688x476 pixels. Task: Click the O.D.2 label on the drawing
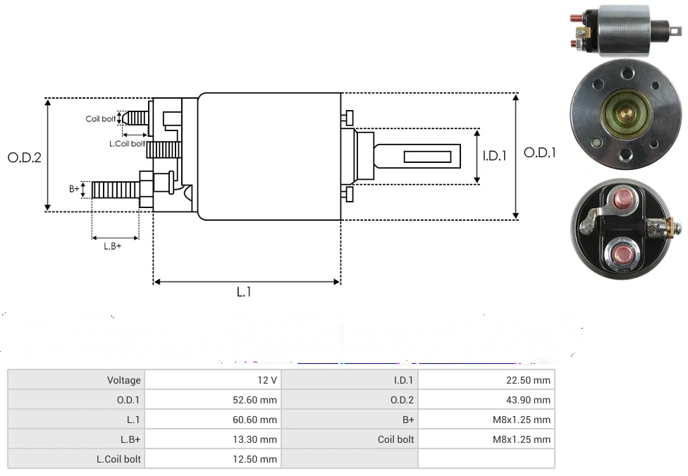pyautogui.click(x=25, y=158)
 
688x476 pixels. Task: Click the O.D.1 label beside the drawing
pyautogui.click(x=540, y=152)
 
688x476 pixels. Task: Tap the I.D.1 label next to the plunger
pyautogui.click(x=494, y=156)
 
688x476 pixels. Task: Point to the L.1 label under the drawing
pyautogui.click(x=243, y=292)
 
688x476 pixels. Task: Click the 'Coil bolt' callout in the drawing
pyautogui.click(x=100, y=119)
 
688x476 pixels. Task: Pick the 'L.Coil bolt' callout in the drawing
pyautogui.click(x=127, y=144)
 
